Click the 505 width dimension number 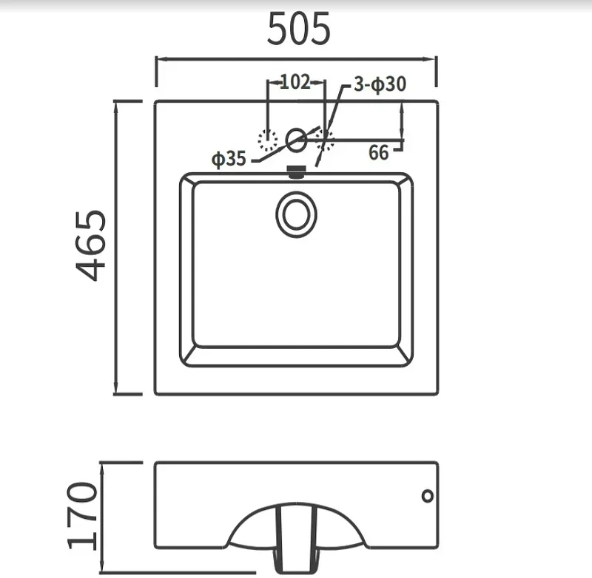pos(299,29)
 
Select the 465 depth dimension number pos(91,246)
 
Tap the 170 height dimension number pos(82,515)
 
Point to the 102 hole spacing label pos(295,82)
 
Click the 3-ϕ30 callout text pos(380,84)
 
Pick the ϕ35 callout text pos(229,158)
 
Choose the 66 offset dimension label pos(378,153)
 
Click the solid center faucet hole pos(296,140)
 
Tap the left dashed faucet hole pos(268,140)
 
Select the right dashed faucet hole pos(325,140)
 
